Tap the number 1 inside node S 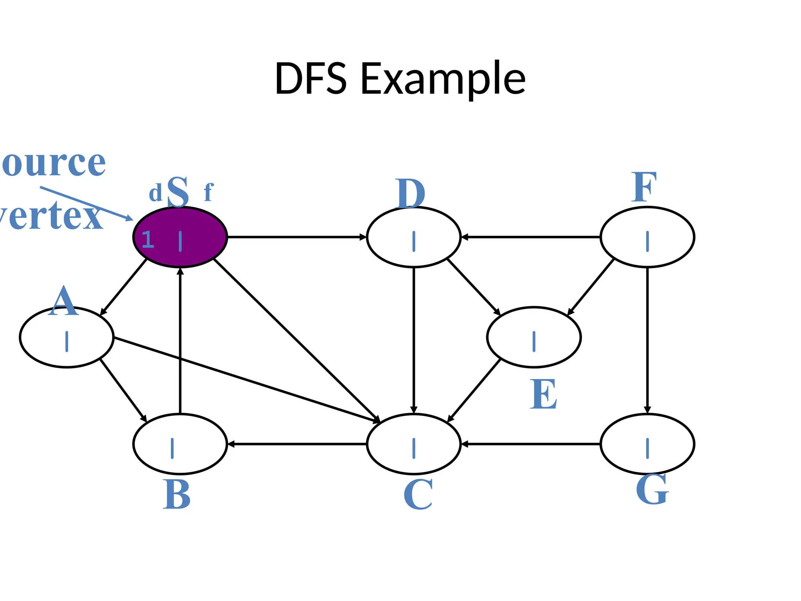click(x=148, y=239)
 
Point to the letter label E click(x=543, y=394)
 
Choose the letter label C click(x=418, y=495)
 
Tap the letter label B click(x=176, y=495)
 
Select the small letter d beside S click(x=155, y=193)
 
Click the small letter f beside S click(x=208, y=193)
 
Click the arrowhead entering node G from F click(x=647, y=410)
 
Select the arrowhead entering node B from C click(x=231, y=444)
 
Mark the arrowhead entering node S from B click(x=180, y=272)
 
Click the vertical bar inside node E click(x=534, y=341)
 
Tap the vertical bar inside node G click(x=647, y=448)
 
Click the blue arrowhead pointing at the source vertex click(x=129, y=218)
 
